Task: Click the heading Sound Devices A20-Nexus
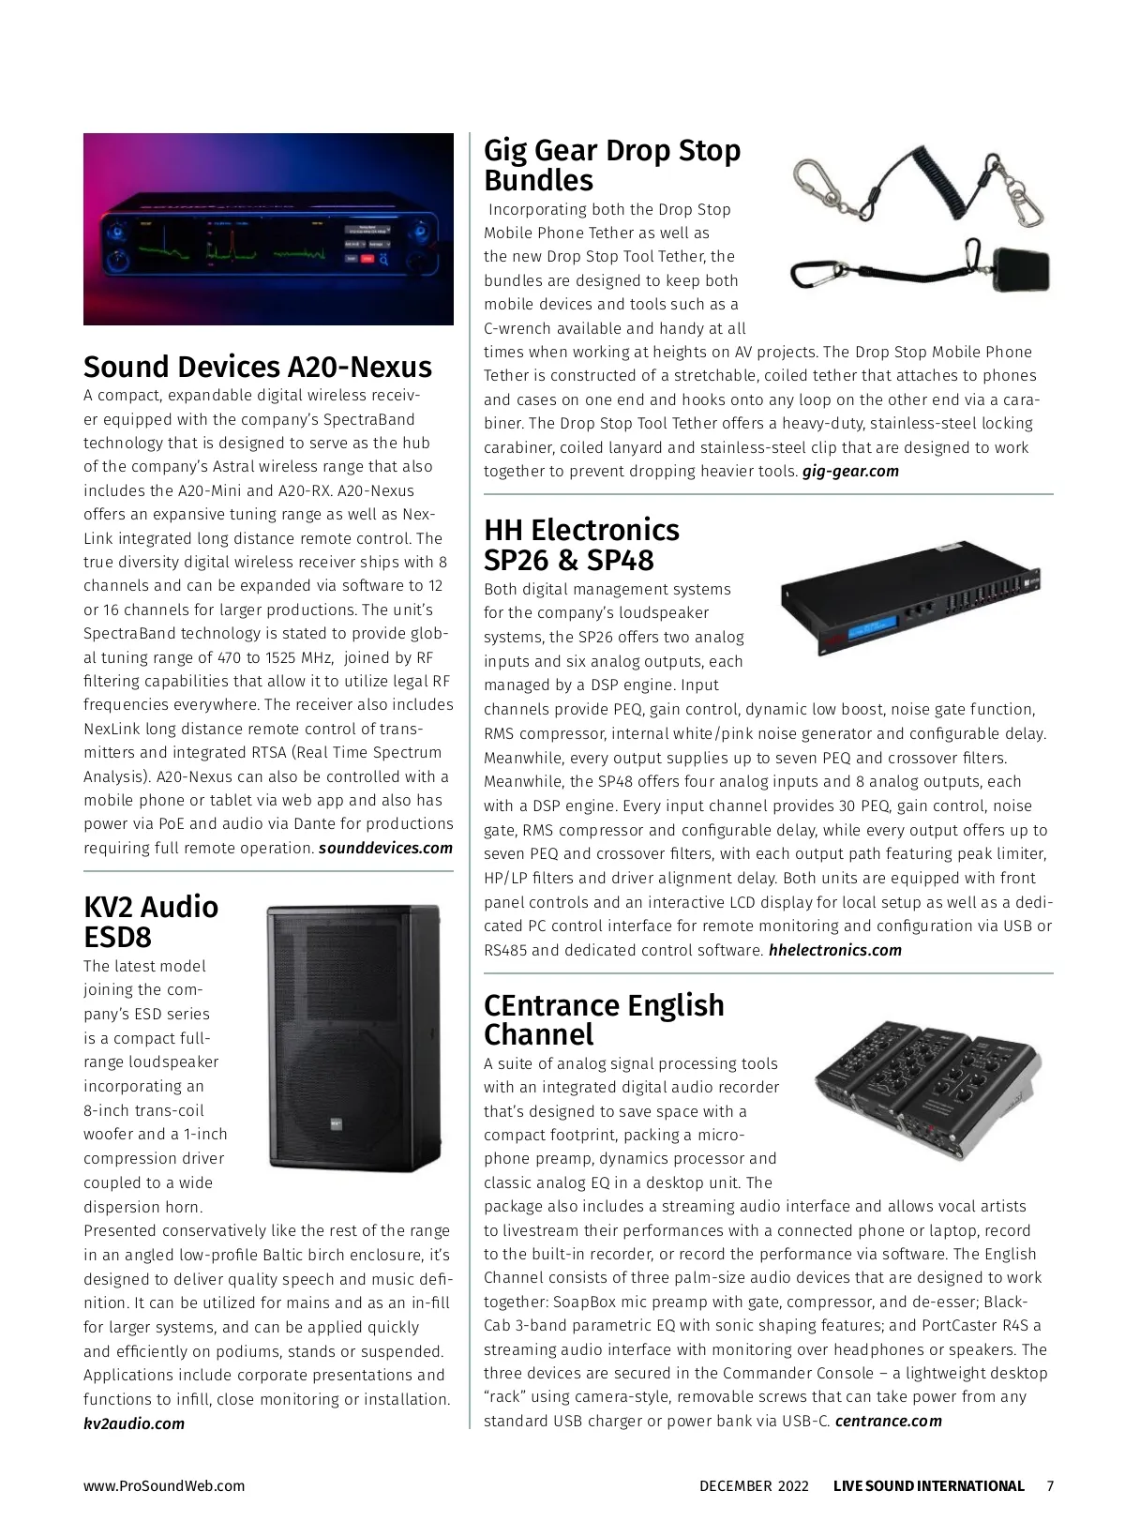[258, 367]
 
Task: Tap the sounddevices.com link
[385, 849]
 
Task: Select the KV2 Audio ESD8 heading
[151, 922]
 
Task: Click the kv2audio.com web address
[134, 1423]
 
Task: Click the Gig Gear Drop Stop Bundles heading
[611, 165]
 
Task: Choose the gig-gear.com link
[850, 472]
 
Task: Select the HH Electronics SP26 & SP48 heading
[581, 545]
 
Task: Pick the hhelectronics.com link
[834, 951]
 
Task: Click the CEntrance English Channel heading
[604, 1019]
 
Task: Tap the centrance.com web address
[888, 1422]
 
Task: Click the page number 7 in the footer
[1050, 1486]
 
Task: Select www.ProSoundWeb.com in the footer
[164, 1486]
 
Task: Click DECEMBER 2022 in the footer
[754, 1486]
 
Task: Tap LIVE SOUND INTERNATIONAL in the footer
[928, 1486]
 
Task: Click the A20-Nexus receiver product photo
[268, 230]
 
